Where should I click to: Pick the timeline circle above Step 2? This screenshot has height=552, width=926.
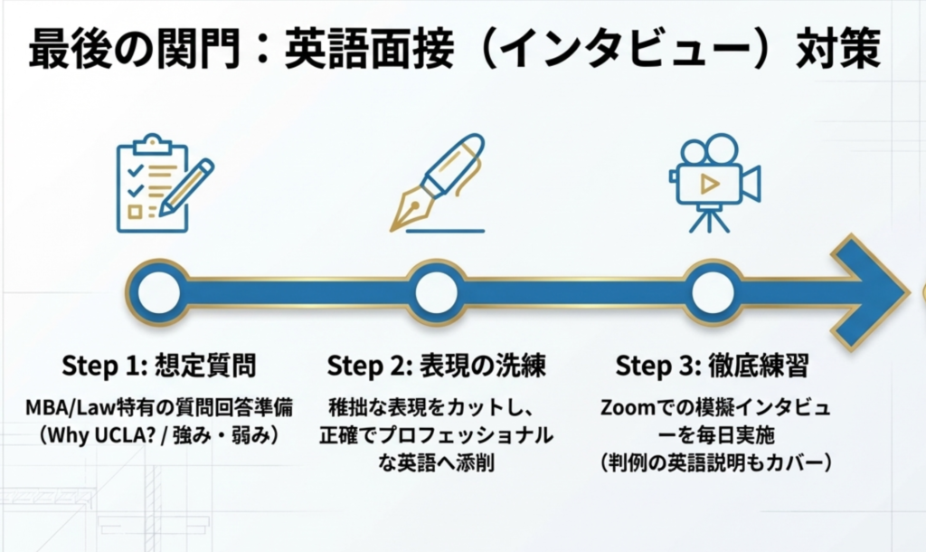click(437, 292)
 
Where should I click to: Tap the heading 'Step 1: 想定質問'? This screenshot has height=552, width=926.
click(159, 366)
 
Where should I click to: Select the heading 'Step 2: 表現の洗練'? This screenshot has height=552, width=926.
click(436, 366)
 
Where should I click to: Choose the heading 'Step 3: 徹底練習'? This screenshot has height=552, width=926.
click(712, 366)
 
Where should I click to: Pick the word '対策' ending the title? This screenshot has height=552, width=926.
click(836, 49)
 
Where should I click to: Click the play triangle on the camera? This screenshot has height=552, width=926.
click(710, 184)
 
